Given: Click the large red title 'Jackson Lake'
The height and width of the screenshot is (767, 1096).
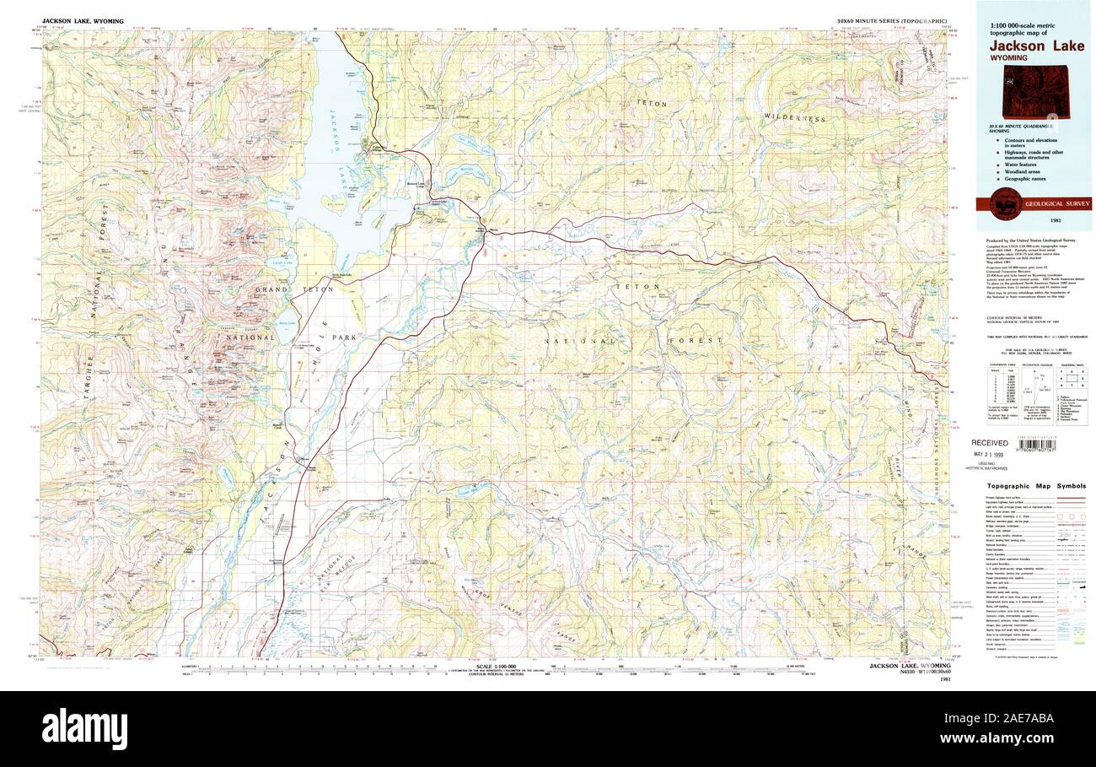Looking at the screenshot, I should click(x=1036, y=46).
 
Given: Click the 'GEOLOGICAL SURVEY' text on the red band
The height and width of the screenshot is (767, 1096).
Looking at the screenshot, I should click(x=1055, y=203).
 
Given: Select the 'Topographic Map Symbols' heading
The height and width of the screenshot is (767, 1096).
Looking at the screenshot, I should click(x=1038, y=486).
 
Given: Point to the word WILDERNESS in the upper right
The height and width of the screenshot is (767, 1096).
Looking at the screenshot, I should click(x=794, y=117).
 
